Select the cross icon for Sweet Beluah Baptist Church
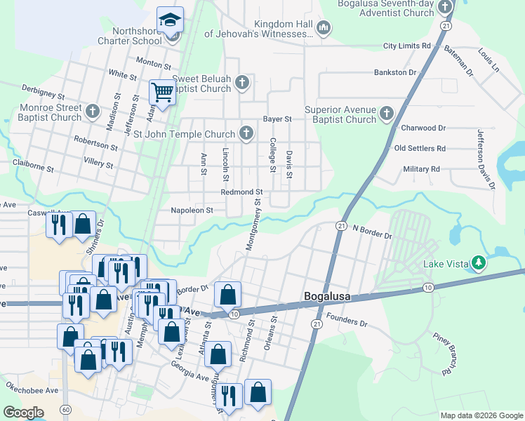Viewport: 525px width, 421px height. (242, 83)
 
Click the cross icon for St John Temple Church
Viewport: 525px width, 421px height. (246, 133)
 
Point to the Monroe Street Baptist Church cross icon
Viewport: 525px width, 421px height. (93, 112)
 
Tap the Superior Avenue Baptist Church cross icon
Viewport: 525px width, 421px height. (386, 113)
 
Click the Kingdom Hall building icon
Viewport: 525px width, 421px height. (324, 28)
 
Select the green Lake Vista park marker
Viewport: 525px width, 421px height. (479, 264)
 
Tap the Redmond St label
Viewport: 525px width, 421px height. (241, 192)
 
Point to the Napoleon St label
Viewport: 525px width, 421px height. (192, 210)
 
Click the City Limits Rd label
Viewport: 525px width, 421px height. (406, 46)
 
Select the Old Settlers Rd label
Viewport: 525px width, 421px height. (420, 148)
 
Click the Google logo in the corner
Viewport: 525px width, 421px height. (23, 413)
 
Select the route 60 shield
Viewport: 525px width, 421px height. (65, 409)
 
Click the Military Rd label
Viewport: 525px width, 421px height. (421, 169)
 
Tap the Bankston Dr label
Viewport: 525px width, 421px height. (395, 72)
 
